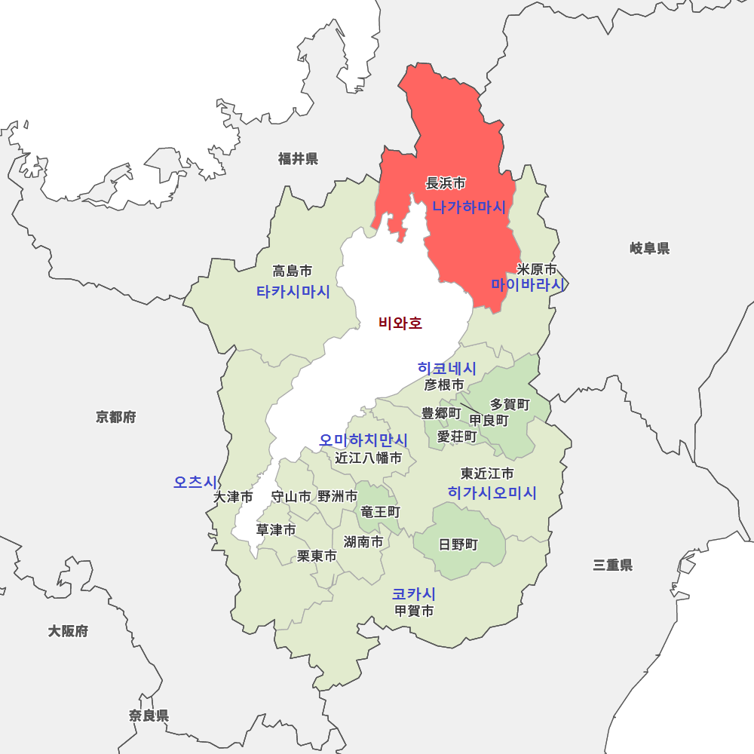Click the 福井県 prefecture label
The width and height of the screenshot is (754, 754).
click(x=298, y=158)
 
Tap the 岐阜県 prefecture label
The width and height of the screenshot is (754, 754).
click(x=649, y=248)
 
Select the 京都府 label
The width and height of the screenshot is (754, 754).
click(x=116, y=417)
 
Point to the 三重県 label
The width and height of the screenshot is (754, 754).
click(x=612, y=565)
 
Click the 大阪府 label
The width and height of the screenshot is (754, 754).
click(x=68, y=631)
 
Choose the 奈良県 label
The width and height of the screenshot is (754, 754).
click(x=149, y=716)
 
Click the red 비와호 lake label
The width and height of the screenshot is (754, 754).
click(x=400, y=323)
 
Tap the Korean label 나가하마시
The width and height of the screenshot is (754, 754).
click(x=468, y=207)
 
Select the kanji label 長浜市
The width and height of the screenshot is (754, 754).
click(x=446, y=182)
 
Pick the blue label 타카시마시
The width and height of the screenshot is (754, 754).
click(x=293, y=292)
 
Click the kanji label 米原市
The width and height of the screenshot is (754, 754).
click(x=537, y=269)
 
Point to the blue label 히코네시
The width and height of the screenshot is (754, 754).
click(x=447, y=368)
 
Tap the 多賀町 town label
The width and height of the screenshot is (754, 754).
click(x=510, y=405)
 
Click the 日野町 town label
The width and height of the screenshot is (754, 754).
click(x=458, y=544)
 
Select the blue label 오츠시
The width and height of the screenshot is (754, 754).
click(x=195, y=482)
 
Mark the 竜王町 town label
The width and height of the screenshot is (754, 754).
click(x=380, y=512)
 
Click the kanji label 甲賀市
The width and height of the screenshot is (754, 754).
click(x=414, y=611)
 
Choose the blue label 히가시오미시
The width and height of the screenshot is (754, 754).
click(x=492, y=492)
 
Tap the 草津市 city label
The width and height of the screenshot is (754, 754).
click(x=276, y=530)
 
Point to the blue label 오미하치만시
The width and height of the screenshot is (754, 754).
click(x=363, y=440)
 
